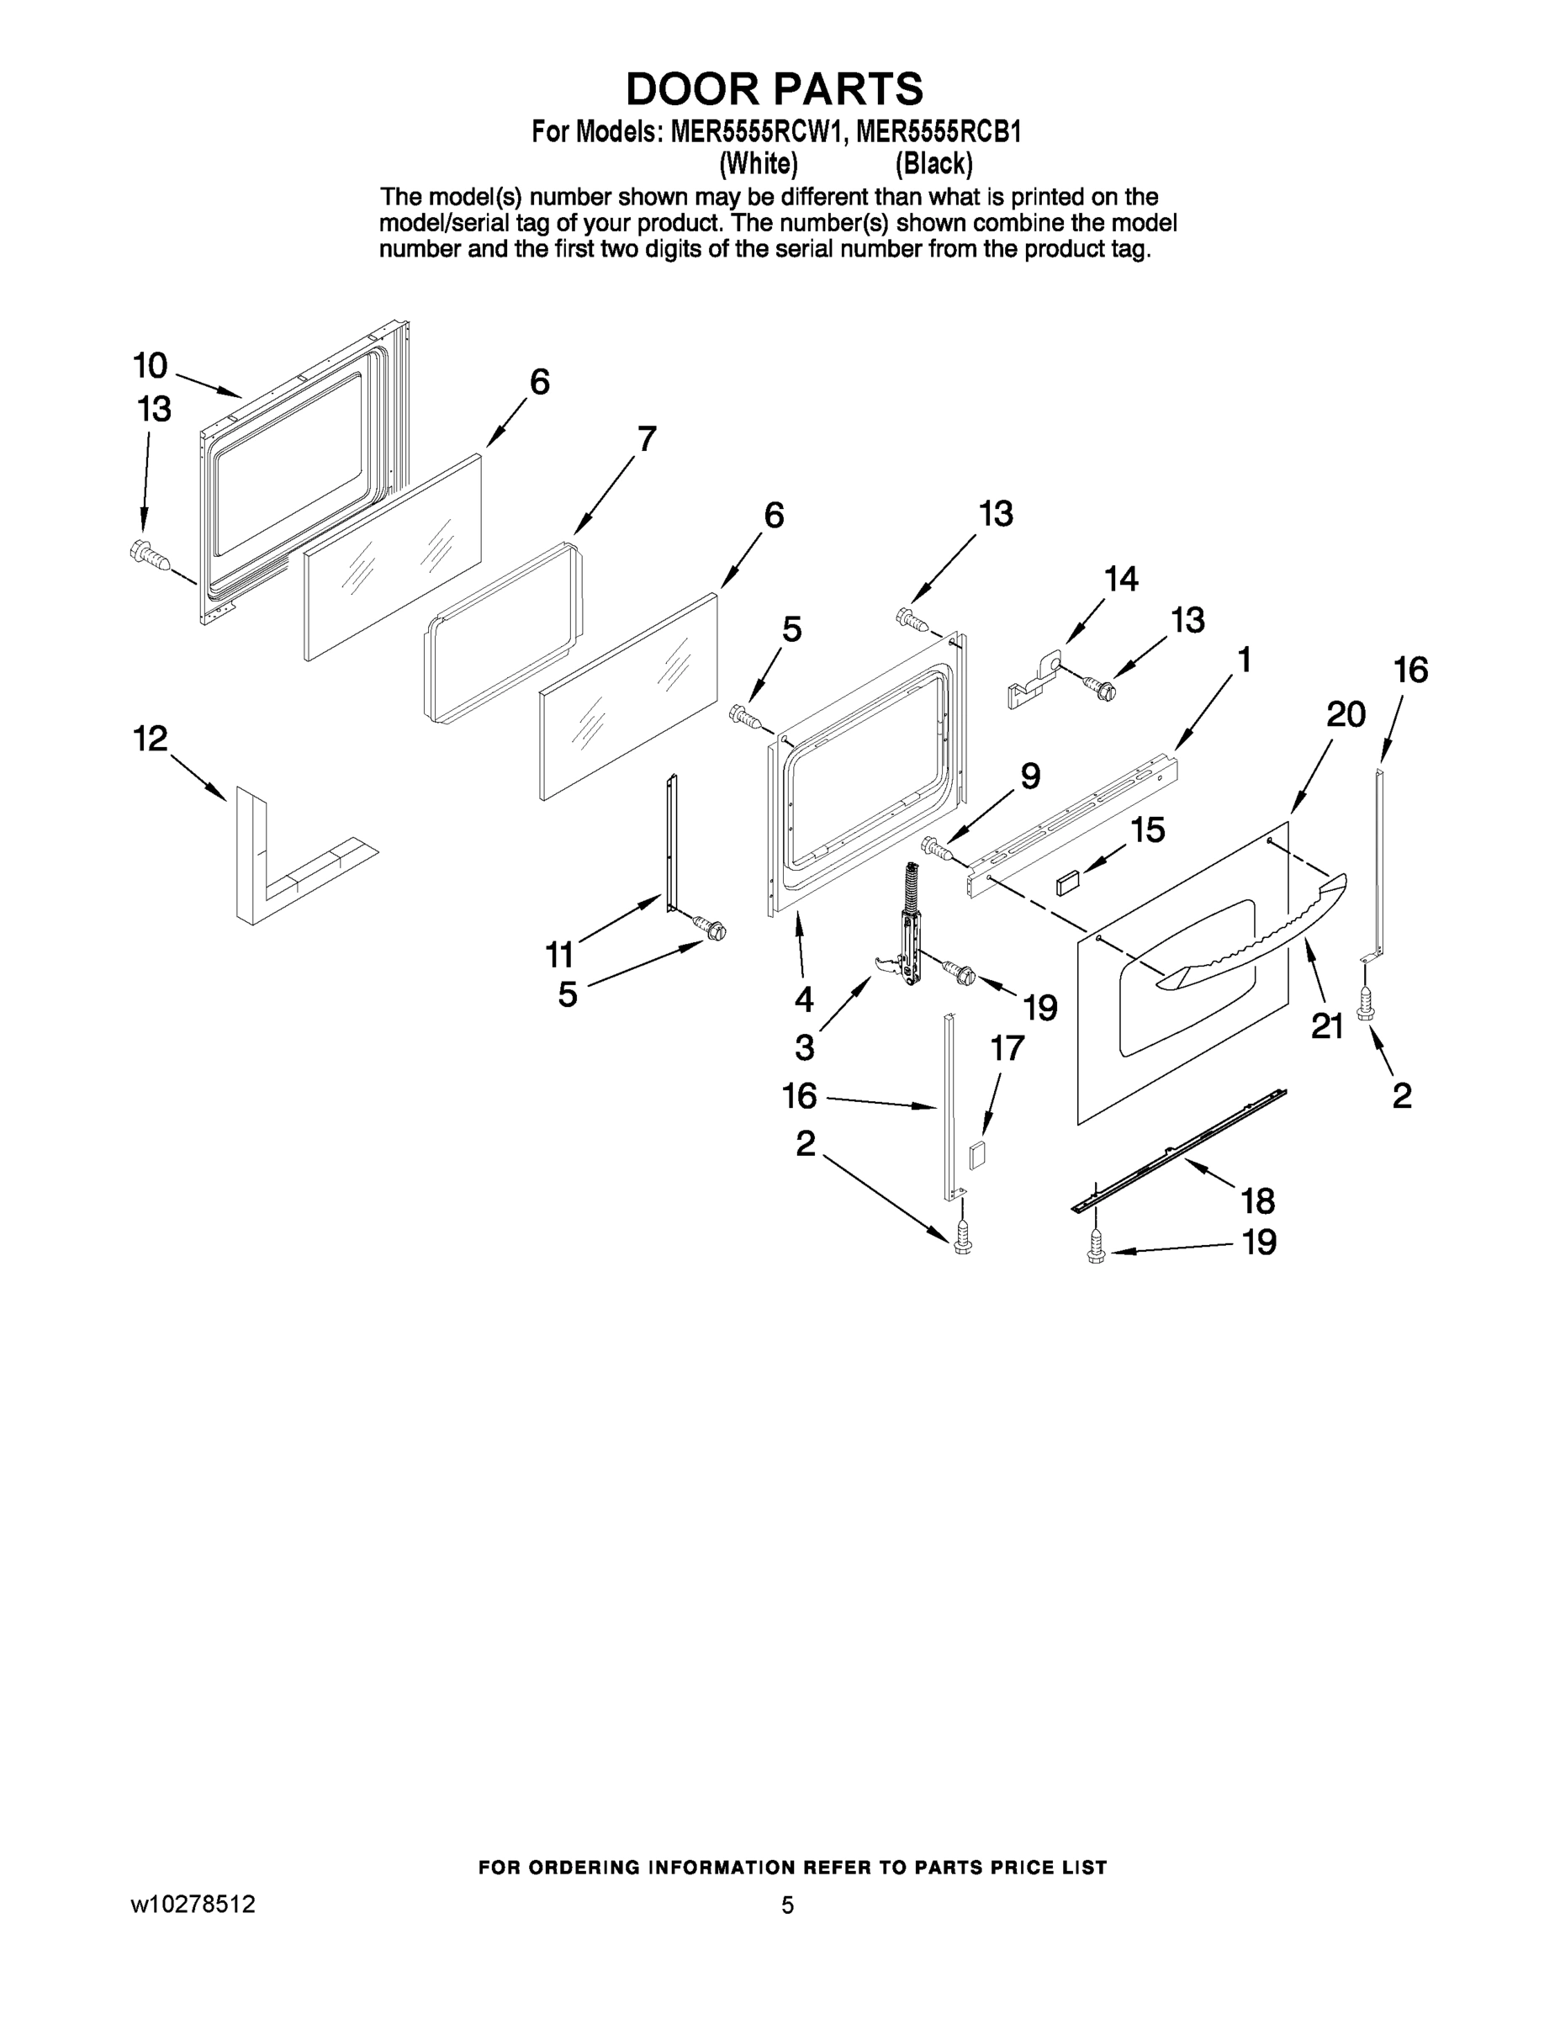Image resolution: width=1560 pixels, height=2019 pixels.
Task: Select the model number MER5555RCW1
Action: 757,132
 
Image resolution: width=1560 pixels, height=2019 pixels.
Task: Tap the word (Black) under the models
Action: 933,164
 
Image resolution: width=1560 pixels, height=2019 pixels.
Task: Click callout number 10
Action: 150,366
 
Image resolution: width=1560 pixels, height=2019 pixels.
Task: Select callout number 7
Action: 646,438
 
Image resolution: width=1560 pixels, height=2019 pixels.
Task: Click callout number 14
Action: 1121,580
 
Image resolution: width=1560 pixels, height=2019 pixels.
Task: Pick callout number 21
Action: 1327,1026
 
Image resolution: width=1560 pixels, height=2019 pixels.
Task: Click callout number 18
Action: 1259,1202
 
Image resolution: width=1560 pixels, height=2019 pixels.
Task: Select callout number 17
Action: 1007,1048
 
